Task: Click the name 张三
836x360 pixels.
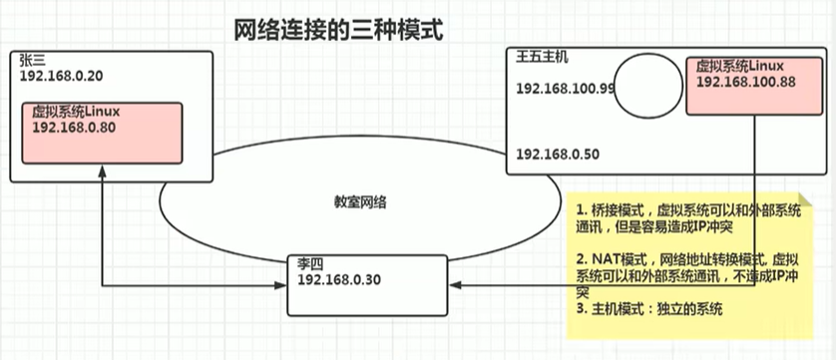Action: tap(31, 60)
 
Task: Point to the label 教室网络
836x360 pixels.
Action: tap(360, 201)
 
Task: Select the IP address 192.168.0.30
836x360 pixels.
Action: tap(338, 279)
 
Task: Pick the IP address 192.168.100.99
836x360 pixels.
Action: tap(565, 89)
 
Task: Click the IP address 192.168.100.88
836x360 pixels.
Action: tap(745, 82)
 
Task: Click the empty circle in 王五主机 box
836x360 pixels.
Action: tap(645, 84)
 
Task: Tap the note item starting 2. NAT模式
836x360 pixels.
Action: tap(688, 273)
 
